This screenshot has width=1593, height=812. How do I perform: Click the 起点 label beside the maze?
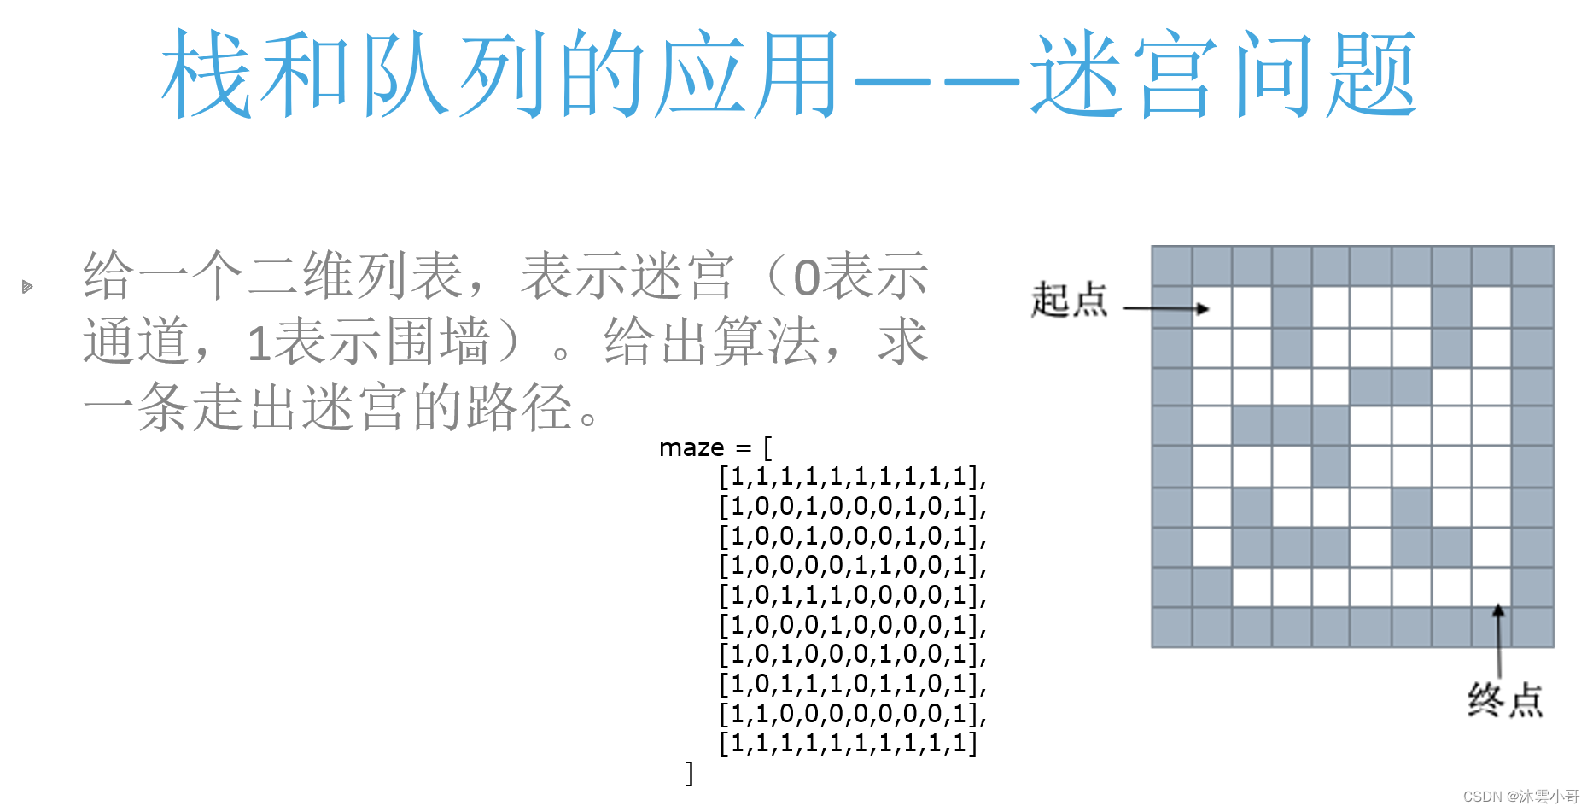(1068, 300)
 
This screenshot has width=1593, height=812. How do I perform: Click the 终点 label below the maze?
(1505, 700)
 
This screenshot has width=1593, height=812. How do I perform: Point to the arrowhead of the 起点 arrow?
(1204, 308)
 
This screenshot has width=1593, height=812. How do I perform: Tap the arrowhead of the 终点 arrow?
(1498, 610)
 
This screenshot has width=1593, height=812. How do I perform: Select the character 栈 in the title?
(207, 75)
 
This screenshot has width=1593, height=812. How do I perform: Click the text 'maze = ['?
(715, 447)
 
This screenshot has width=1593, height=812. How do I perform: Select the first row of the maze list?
(852, 476)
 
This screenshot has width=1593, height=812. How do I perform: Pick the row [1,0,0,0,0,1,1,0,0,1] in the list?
(852, 565)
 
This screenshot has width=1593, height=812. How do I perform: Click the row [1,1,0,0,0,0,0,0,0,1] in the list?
(852, 713)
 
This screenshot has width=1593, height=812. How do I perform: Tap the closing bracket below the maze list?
(690, 773)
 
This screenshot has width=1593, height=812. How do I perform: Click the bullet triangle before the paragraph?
(27, 287)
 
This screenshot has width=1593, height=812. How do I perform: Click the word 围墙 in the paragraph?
(438, 342)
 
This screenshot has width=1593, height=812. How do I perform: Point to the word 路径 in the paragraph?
(519, 407)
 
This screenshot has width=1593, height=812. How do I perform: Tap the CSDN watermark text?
(1520, 797)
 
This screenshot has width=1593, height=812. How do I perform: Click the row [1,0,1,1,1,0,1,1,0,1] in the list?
(852, 684)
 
